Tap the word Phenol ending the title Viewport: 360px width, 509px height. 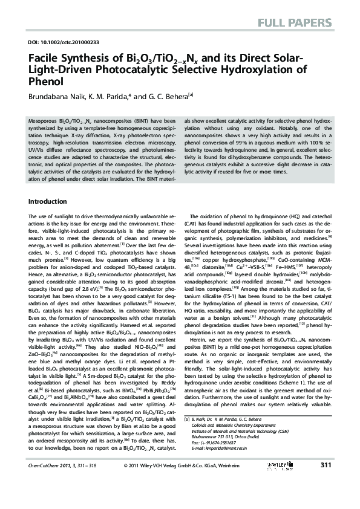click(x=45, y=82)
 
